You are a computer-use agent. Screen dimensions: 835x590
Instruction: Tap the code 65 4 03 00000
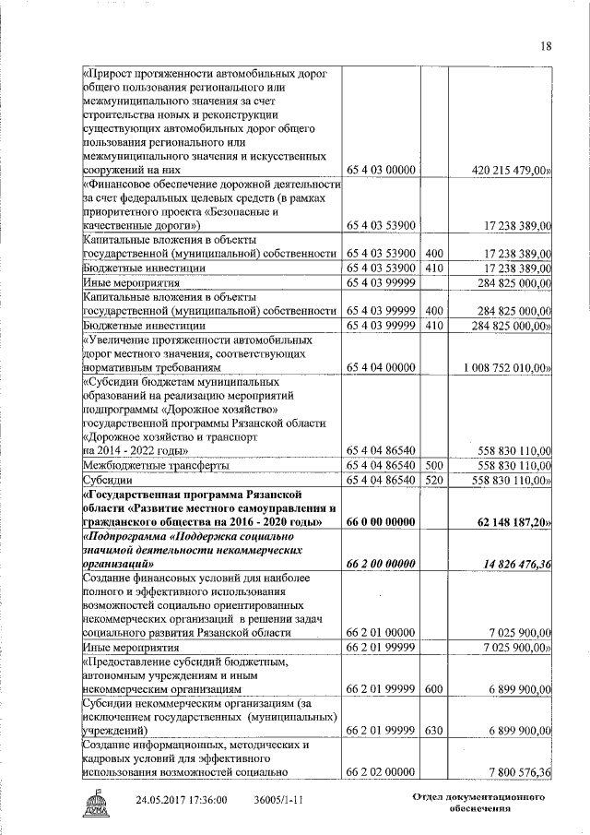coord(382,170)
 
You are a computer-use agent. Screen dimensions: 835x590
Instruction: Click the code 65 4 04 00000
coord(382,367)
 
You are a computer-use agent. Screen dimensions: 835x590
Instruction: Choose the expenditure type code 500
coord(435,466)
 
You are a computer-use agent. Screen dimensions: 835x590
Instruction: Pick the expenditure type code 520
coord(435,481)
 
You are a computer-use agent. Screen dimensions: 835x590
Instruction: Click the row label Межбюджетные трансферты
coord(155,466)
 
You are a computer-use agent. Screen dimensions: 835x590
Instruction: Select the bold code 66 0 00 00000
coord(382,522)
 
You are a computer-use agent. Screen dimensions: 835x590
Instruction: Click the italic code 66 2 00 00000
coord(382,565)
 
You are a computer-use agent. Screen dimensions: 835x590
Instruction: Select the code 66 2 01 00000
coord(382,634)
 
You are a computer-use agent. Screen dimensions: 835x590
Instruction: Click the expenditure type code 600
coord(435,689)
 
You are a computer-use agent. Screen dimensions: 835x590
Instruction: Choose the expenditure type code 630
coord(435,731)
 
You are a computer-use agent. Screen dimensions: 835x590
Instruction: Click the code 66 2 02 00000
coord(382,772)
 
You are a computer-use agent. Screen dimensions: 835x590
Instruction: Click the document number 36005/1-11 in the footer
coord(279,800)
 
